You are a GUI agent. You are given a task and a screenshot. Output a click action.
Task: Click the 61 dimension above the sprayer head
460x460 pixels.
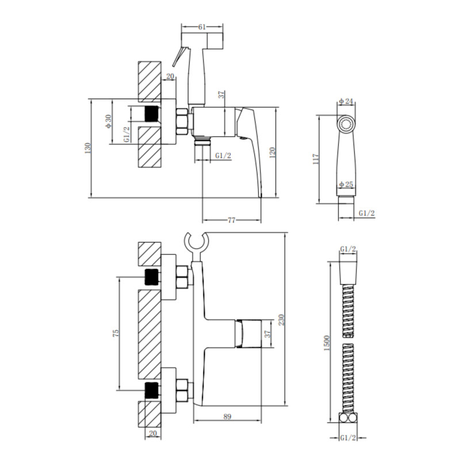(202, 27)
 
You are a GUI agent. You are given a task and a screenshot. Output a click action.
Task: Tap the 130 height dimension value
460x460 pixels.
(88, 148)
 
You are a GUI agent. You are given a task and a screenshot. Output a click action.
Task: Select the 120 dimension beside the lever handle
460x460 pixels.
(272, 153)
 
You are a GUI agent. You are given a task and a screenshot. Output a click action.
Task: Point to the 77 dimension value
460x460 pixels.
(232, 220)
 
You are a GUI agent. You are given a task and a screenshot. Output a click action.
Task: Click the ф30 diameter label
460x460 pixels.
(108, 121)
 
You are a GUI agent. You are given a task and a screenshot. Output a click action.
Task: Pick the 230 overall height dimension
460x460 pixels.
(281, 320)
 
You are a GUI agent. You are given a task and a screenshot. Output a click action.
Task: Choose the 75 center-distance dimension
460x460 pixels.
(116, 333)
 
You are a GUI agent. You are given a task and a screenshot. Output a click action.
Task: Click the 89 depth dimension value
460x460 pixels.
(227, 416)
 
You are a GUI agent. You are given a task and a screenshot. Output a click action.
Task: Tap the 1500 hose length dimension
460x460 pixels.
(327, 343)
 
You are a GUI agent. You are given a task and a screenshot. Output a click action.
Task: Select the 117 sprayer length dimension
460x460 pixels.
(316, 159)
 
